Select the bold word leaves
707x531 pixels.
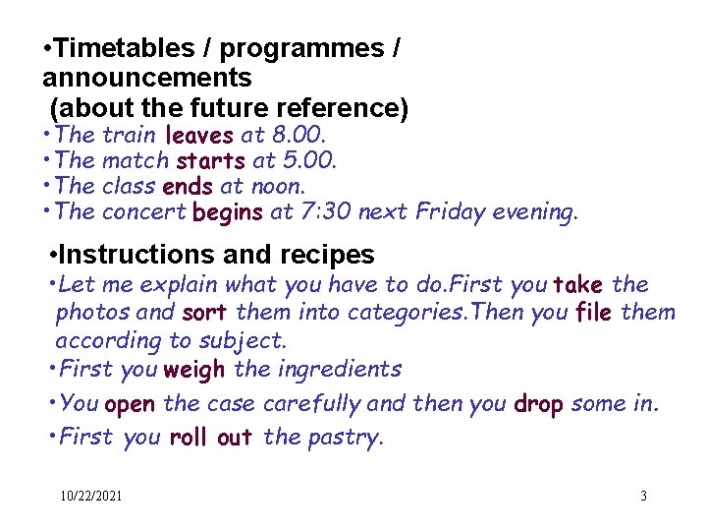[199, 134]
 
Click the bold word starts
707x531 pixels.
[210, 159]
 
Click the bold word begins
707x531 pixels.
[227, 210]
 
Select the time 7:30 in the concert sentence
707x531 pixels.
[327, 210]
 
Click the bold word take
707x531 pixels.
[579, 285]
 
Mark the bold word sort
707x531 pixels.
[203, 313]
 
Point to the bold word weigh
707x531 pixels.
[194, 370]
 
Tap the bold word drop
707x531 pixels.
[538, 404]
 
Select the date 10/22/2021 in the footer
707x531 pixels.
[90, 497]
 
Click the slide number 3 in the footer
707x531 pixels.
[643, 497]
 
